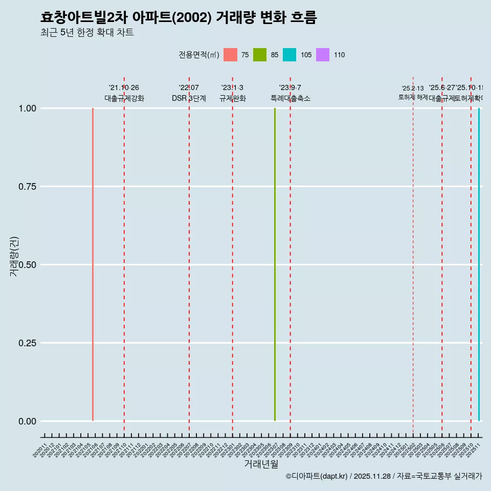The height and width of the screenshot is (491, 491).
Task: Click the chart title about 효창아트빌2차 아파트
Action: (x=178, y=17)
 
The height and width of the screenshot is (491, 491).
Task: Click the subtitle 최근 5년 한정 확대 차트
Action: (x=87, y=33)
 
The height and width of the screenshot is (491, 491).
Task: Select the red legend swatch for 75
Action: (x=230, y=55)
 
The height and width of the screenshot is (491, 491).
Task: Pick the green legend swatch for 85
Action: (x=260, y=55)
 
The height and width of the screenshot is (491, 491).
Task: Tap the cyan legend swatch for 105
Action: (x=289, y=55)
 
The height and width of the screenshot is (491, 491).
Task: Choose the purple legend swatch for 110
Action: (x=323, y=55)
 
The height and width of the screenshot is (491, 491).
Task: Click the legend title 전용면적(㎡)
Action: (x=199, y=55)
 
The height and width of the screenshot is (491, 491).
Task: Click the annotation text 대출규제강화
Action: (x=124, y=98)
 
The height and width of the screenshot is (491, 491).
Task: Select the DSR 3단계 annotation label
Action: (x=189, y=98)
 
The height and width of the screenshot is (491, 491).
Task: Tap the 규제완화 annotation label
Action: (x=232, y=98)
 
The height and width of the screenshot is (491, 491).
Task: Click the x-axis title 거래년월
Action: (x=261, y=464)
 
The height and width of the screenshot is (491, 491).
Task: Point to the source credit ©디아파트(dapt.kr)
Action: (x=317, y=477)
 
